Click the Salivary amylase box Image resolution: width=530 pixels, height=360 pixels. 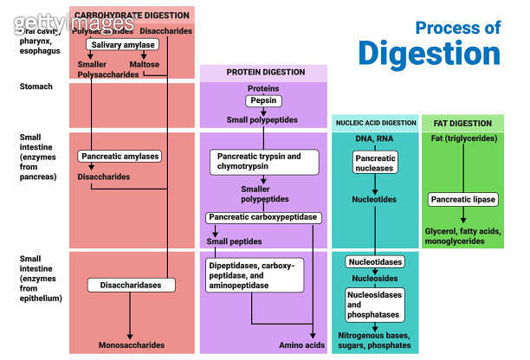point(122,44)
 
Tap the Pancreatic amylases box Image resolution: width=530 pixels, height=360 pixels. point(120,157)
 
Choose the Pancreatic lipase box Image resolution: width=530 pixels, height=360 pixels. point(462,200)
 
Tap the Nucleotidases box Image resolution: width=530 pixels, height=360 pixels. point(374,261)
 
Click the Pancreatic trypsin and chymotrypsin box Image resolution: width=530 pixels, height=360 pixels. point(256,162)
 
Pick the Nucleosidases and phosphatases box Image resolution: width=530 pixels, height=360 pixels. point(374,305)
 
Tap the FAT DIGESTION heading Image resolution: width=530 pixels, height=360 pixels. point(462,124)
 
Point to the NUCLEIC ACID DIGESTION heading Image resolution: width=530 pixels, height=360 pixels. point(374,124)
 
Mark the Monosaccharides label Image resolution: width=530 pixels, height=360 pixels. point(131,344)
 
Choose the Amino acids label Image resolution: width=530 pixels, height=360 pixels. point(301,344)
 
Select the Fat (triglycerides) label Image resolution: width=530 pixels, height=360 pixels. point(462,139)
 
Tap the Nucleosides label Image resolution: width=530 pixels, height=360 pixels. point(374,280)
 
